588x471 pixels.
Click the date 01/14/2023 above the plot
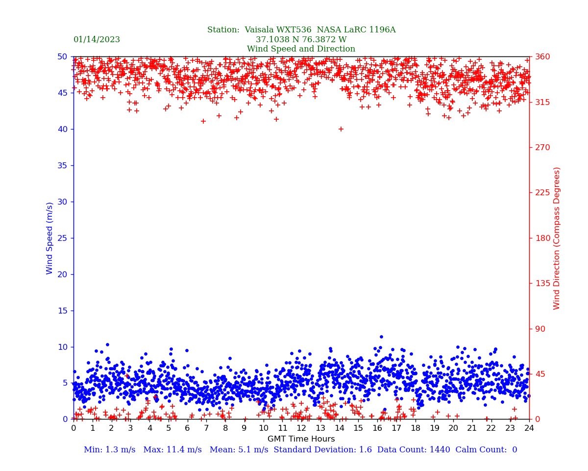(x=97, y=40)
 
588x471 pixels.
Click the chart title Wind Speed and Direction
(x=301, y=49)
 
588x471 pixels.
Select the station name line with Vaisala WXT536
(x=301, y=30)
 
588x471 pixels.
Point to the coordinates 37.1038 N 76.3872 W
(x=301, y=40)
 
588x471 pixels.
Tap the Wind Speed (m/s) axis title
(x=50, y=238)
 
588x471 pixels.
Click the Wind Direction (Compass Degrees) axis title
(x=557, y=238)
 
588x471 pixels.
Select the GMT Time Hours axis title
(x=301, y=439)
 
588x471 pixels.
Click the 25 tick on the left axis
(x=62, y=238)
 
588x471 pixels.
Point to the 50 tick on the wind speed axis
(x=62, y=57)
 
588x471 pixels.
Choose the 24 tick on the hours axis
(x=529, y=428)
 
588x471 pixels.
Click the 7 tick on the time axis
(x=206, y=428)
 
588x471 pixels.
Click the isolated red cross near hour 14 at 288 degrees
(x=341, y=129)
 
